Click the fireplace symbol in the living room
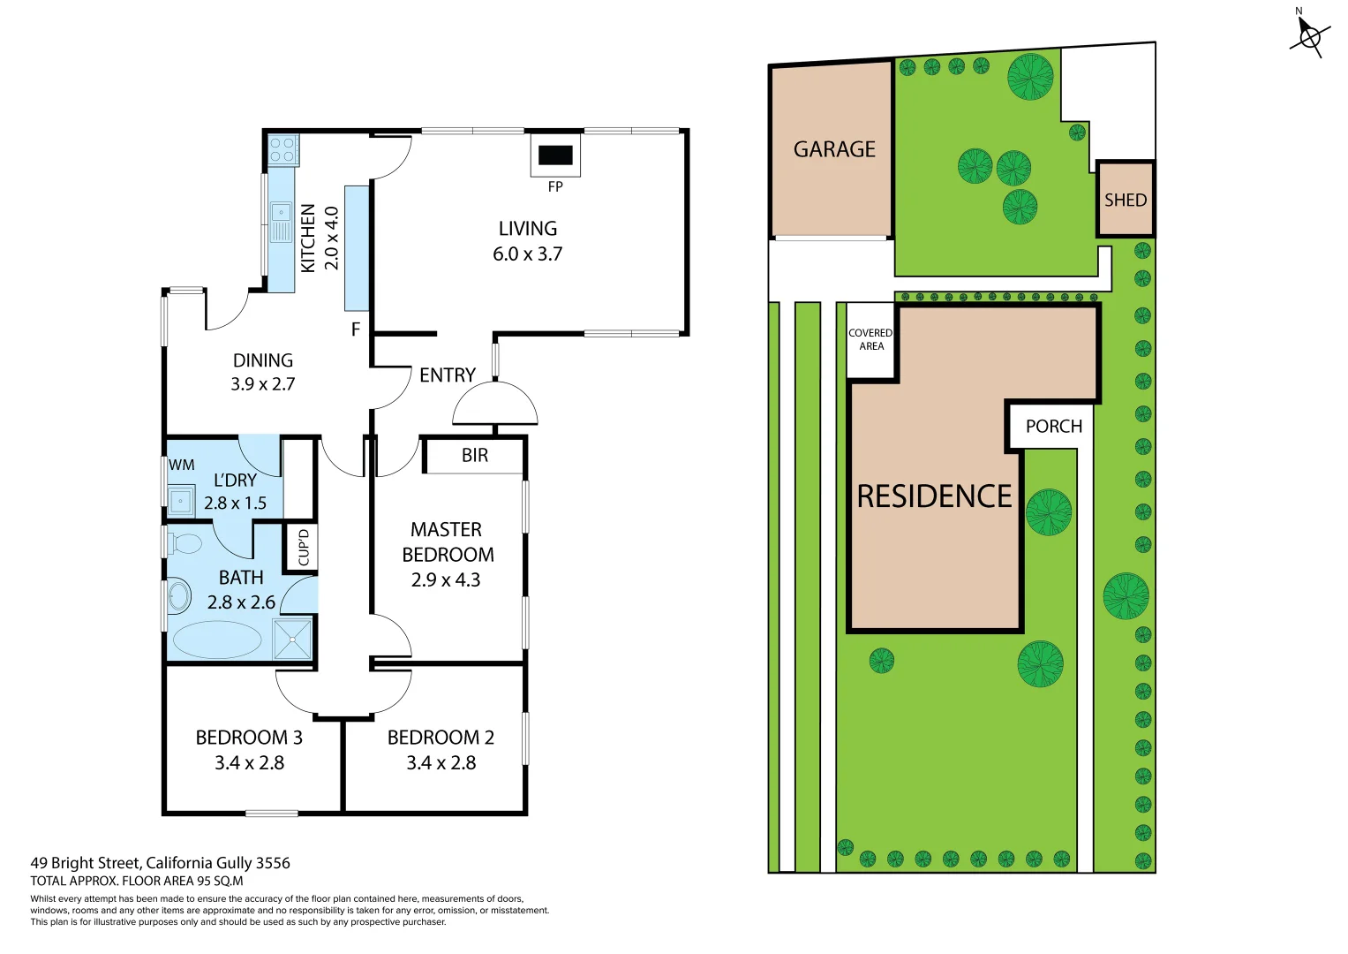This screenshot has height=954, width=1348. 555,155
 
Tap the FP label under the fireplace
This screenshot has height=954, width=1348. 555,186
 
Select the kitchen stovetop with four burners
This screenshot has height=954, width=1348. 282,149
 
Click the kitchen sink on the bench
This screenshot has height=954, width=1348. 281,212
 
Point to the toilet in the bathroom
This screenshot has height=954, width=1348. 185,542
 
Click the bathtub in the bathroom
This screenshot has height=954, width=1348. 217,640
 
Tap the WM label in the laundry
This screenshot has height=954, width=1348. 182,465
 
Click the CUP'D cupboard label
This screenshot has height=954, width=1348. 304,547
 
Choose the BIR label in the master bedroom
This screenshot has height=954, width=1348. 475,455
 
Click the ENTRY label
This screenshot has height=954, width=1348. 448,375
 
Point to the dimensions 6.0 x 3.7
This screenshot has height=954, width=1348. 527,254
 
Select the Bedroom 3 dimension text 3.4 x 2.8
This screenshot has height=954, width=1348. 249,763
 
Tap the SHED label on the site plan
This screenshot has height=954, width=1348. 1126,201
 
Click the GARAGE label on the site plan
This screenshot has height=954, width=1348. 834,149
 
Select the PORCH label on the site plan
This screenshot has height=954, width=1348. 1053,427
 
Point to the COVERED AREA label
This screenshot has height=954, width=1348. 870,340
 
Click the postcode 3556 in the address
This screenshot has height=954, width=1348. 273,863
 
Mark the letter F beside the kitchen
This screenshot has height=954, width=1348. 356,329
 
